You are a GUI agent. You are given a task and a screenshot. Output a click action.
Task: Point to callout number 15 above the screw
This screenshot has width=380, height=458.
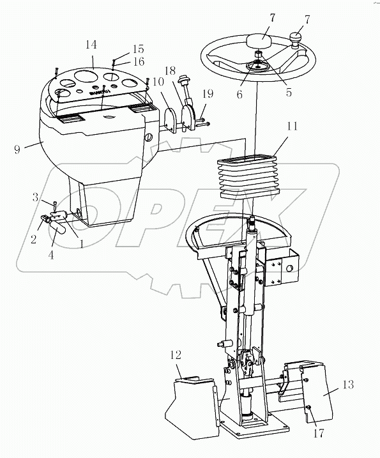(138, 49)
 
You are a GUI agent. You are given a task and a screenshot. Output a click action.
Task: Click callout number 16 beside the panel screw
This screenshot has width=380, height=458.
(138, 61)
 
